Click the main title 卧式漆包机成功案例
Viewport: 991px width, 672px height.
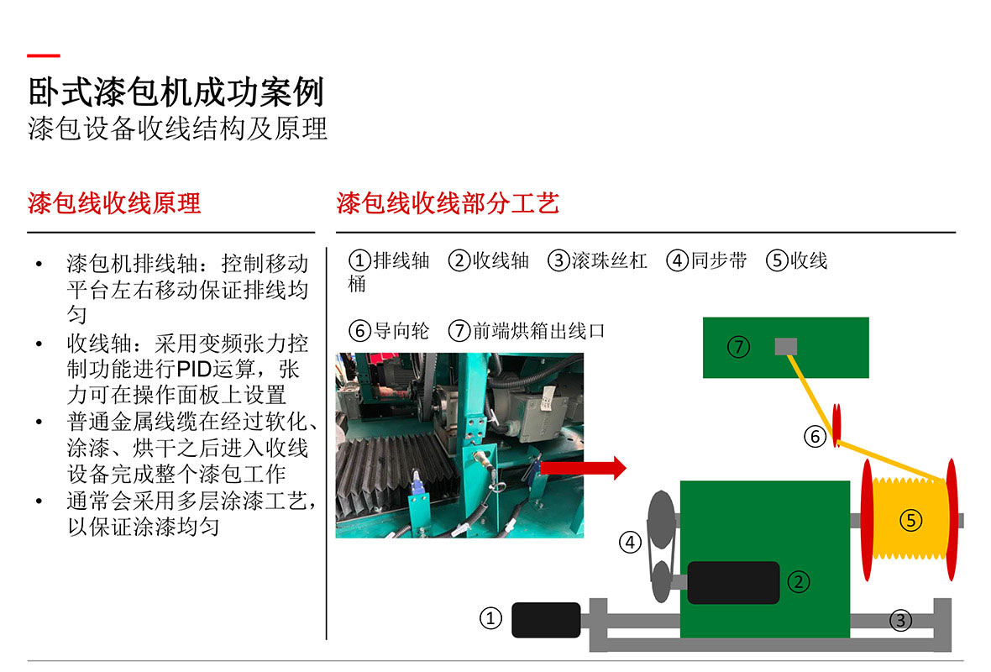pyautogui.click(x=176, y=92)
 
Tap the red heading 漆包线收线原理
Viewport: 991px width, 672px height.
pyautogui.click(x=114, y=203)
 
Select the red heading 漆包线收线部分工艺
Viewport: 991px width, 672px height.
pyautogui.click(x=448, y=203)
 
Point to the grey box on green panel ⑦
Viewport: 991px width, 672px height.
pyautogui.click(x=785, y=346)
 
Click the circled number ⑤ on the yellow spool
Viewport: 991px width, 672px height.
pyautogui.click(x=910, y=520)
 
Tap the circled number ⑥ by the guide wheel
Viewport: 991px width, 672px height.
pyautogui.click(x=815, y=436)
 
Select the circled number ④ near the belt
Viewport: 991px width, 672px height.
pyautogui.click(x=630, y=542)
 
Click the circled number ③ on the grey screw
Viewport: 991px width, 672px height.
pyautogui.click(x=900, y=620)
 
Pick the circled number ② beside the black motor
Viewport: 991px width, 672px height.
pyautogui.click(x=799, y=581)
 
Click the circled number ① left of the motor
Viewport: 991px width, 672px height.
pyautogui.click(x=491, y=618)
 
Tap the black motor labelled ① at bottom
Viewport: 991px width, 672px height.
pyautogui.click(x=546, y=620)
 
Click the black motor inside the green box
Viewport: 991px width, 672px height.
pyautogui.click(x=733, y=582)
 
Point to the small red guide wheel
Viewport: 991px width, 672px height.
pyautogui.click(x=836, y=425)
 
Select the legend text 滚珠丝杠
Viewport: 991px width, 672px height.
pyautogui.click(x=609, y=260)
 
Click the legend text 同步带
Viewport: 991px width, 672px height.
pyautogui.click(x=719, y=260)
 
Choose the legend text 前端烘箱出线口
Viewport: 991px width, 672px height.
pyautogui.click(x=539, y=331)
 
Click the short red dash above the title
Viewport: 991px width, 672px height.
pyautogui.click(x=44, y=55)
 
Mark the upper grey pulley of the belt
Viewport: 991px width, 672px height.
pyautogui.click(x=662, y=519)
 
